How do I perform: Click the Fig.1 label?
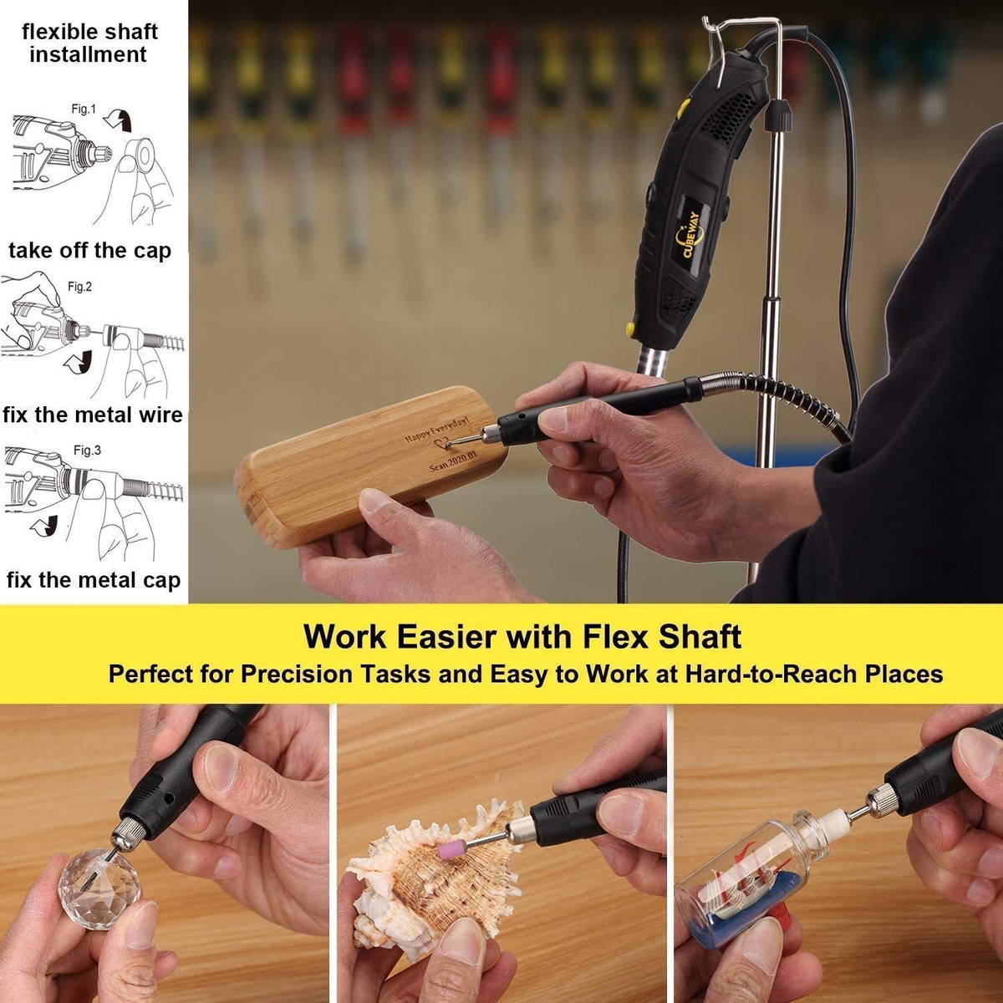coord(84,109)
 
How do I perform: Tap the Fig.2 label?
coord(79,287)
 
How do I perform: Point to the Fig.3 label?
coord(87,451)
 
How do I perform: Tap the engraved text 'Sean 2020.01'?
coord(453,461)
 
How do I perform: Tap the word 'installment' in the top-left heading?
coord(88,54)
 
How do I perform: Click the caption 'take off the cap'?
coord(89,251)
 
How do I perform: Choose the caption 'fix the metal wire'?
coord(93,415)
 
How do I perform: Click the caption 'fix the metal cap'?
coord(94,580)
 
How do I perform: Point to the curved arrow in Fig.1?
coord(118,120)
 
